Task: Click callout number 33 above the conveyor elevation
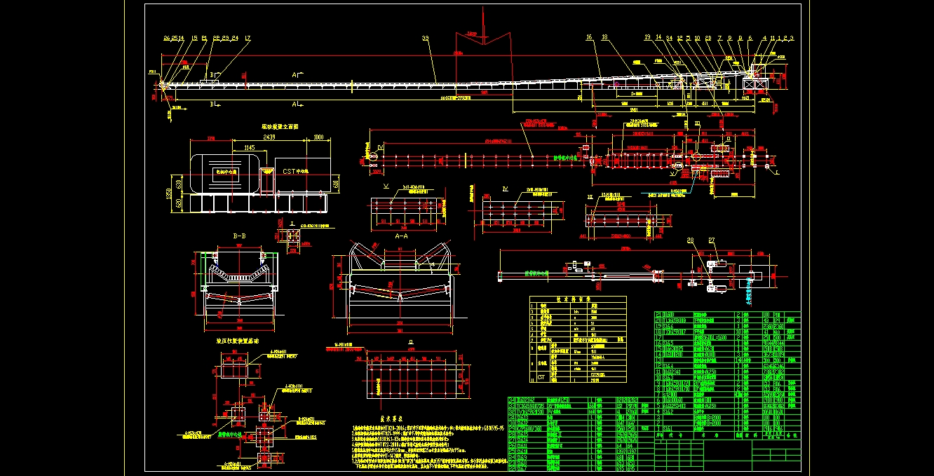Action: coord(425,37)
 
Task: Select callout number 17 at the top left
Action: coord(248,38)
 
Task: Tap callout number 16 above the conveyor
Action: coord(589,37)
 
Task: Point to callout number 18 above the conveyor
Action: coord(604,37)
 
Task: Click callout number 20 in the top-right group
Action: coord(708,38)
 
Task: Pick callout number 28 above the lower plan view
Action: coord(690,241)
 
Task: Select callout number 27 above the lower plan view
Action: coord(711,241)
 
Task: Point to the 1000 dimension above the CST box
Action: coord(320,137)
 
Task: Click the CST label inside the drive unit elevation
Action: coord(291,170)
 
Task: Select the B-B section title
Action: coord(240,236)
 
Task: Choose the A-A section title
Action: coord(402,236)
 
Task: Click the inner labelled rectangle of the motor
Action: coord(226,170)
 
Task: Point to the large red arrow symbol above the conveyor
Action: coord(482,36)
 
